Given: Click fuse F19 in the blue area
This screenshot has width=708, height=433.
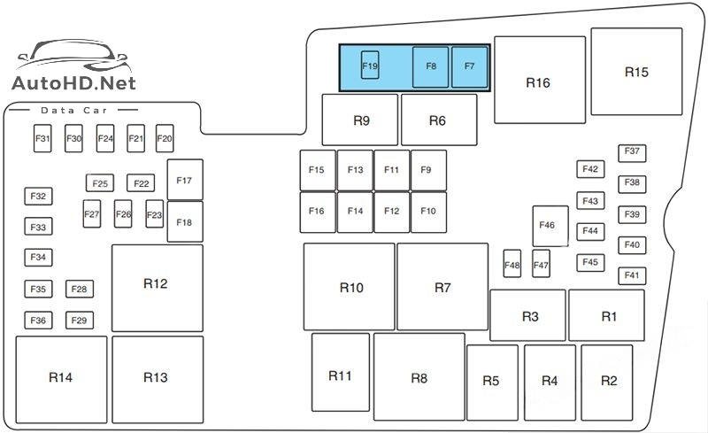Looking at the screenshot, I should pos(370,66).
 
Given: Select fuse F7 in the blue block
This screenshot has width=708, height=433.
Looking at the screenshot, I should pos(469,67).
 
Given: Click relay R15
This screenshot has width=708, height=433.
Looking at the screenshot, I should pos(635,72).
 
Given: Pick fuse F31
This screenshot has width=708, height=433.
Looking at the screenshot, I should pos(42,139).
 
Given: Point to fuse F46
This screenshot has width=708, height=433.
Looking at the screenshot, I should pos(547,226).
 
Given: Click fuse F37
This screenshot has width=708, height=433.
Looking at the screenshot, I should pos(632,152).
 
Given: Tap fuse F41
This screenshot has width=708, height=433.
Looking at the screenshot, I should pos(632,276).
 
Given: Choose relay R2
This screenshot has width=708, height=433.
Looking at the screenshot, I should pos(608,382).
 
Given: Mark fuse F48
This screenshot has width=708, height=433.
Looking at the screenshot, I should pos(512,264).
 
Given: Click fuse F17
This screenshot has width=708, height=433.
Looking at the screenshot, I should pos(184,181).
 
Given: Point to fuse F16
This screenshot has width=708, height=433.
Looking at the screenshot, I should pos(317,212).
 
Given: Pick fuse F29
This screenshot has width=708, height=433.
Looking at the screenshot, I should pos(79,321).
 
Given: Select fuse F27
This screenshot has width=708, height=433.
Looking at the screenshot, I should pos(92,213).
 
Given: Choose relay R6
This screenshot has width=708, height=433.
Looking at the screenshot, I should pos(438,120).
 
